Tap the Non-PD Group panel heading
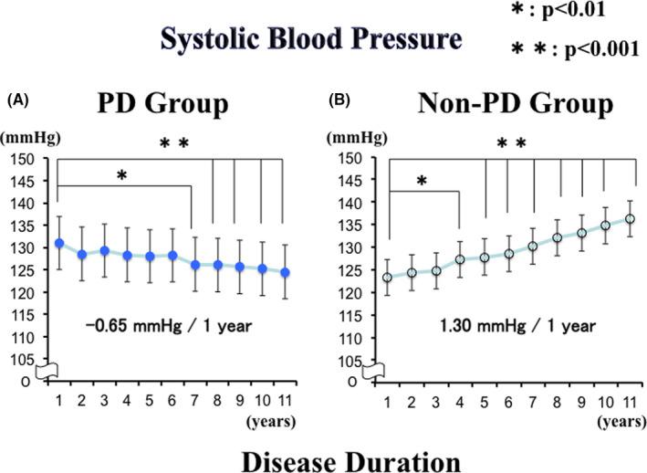(x=516, y=104)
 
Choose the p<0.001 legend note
(x=568, y=49)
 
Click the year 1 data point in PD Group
(x=59, y=243)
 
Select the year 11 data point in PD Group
(x=286, y=272)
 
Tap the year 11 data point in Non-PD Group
(x=630, y=219)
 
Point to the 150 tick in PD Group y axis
(x=22, y=158)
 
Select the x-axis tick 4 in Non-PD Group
(x=460, y=399)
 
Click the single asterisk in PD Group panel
(x=121, y=174)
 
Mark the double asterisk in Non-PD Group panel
(x=511, y=143)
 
